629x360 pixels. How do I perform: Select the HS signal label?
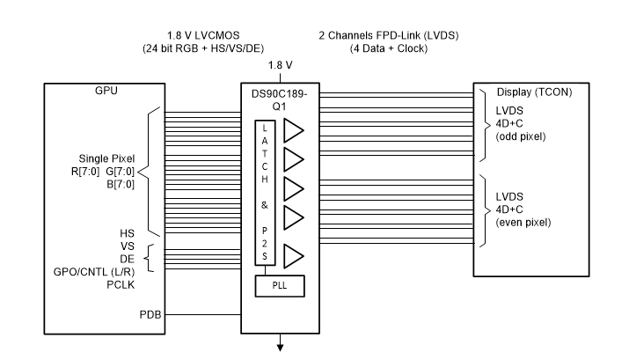pos(127,233)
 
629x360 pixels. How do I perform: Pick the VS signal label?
pos(127,246)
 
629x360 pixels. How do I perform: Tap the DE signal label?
pos(127,260)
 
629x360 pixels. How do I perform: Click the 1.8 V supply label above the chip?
pos(282,63)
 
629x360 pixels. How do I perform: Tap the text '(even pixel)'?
pos(524,222)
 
